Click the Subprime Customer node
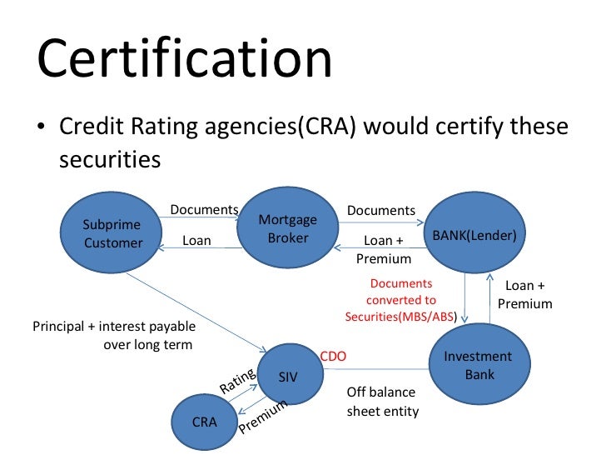pos(112,234)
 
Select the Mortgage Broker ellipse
pos(288,229)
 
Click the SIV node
pos(288,377)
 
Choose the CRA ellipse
pos(205,422)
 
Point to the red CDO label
pos(333,357)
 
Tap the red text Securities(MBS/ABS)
pos(403,317)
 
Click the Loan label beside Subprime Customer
pos(196,241)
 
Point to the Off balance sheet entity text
pos(380,402)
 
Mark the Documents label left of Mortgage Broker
pos(205,209)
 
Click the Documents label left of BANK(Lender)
pos(380,211)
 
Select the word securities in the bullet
pos(109,158)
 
